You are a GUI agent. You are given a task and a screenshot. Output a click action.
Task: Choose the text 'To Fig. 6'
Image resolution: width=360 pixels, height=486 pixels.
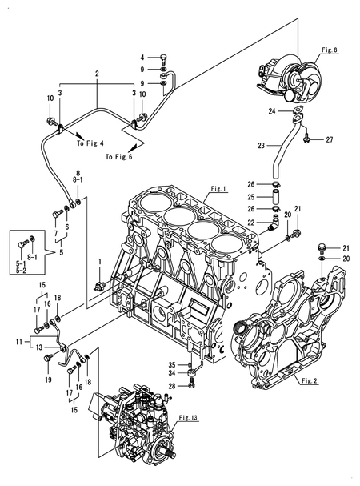pos(119,157)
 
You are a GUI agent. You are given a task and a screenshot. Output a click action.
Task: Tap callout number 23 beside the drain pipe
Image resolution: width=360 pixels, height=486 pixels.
pos(261,147)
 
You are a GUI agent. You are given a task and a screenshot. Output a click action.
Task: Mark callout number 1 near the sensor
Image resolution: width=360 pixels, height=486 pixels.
pos(99,262)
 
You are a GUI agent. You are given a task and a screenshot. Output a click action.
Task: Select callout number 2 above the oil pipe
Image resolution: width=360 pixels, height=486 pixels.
pos(96,74)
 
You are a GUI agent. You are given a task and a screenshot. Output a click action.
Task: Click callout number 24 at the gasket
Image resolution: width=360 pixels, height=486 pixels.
pos(273,110)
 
